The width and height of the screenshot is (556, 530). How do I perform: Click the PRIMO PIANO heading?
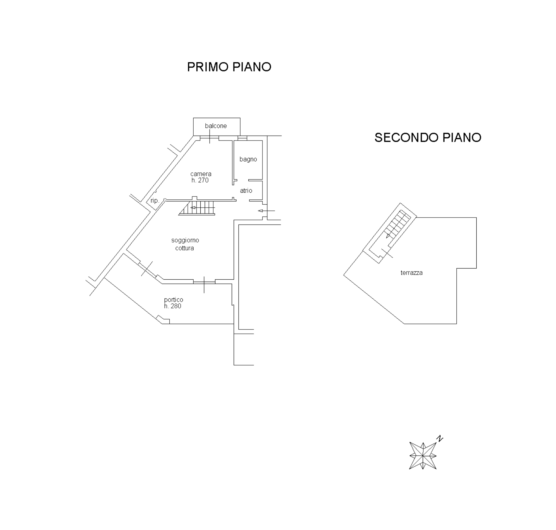click(229, 67)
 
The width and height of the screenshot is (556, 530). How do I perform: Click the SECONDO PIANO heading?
click(428, 138)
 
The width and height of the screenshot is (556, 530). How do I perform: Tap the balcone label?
click(216, 126)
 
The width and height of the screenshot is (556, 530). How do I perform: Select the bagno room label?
click(248, 160)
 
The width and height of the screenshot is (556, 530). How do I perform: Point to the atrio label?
click(246, 191)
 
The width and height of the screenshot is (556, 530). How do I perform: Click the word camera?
click(201, 174)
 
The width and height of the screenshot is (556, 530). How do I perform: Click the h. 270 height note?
click(200, 180)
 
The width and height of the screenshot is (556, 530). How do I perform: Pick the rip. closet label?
click(155, 201)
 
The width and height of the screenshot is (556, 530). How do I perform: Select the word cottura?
click(185, 248)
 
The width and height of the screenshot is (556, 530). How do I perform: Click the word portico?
click(173, 300)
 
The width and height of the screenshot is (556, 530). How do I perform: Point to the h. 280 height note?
click(173, 306)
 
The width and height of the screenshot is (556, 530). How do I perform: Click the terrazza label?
click(412, 273)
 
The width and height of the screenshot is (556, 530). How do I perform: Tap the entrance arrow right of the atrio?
click(266, 211)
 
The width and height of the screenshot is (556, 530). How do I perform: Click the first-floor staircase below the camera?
click(197, 208)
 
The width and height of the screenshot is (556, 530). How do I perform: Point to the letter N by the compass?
click(440, 438)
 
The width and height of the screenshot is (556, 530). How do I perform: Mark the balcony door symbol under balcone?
click(209, 137)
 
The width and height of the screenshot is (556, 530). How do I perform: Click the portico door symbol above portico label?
click(204, 282)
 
